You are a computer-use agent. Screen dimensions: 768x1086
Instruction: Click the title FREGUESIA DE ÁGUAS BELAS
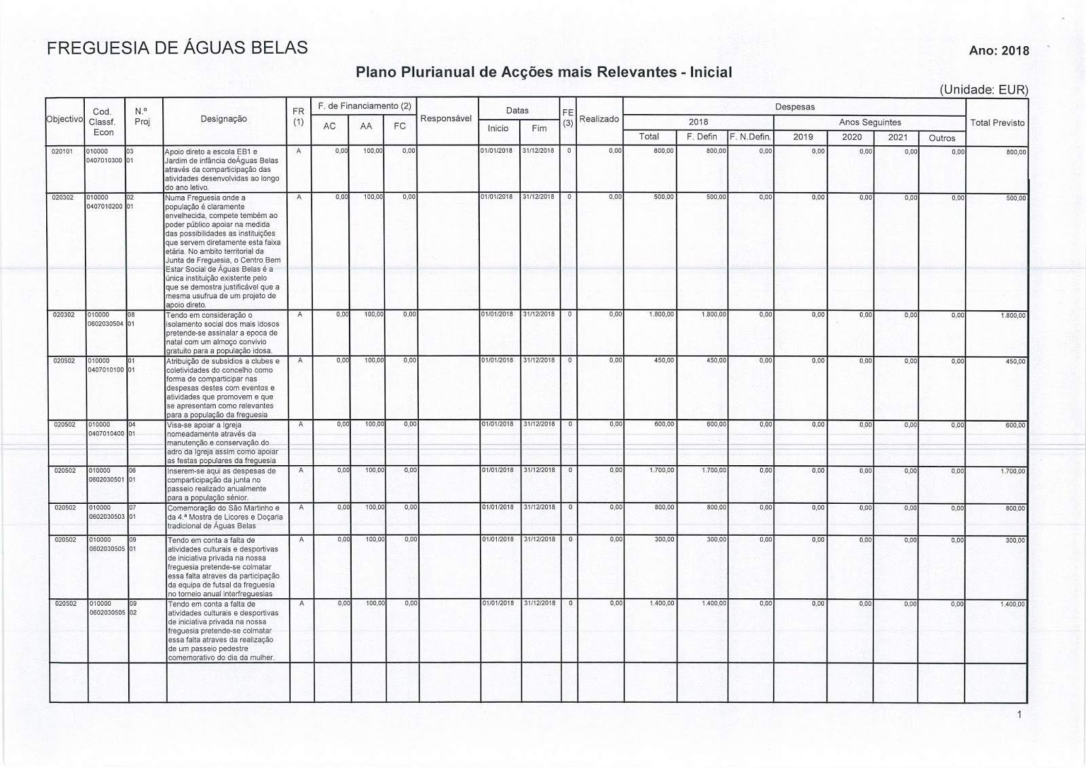[x=177, y=48]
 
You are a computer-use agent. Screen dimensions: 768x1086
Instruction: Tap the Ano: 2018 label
[x=999, y=51]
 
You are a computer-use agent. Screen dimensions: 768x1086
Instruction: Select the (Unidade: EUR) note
[x=984, y=90]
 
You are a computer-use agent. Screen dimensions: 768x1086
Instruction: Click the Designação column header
[x=224, y=119]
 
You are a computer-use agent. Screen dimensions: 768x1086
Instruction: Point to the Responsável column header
[x=446, y=118]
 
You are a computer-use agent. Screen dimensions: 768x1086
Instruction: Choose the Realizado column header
[x=599, y=119]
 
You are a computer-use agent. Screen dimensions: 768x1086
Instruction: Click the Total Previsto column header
[x=997, y=123]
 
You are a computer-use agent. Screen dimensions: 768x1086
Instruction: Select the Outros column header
[x=941, y=138]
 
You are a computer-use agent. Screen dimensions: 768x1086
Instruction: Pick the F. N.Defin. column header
[x=750, y=137]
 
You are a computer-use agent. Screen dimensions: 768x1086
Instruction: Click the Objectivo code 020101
[x=62, y=151]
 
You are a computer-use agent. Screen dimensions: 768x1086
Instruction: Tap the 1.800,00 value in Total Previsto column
[x=1013, y=316]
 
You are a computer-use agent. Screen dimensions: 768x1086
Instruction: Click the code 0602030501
[x=106, y=479]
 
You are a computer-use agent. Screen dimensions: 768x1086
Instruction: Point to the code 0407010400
[x=106, y=433]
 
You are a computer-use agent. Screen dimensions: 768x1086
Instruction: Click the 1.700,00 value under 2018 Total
[x=663, y=471]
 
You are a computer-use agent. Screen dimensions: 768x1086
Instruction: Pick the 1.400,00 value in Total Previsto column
[x=1013, y=604]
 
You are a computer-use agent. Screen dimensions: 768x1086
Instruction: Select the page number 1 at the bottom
[x=1019, y=714]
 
